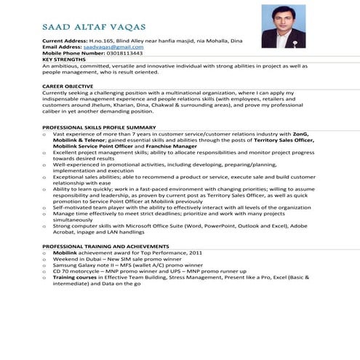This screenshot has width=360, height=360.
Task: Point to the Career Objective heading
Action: [68, 87]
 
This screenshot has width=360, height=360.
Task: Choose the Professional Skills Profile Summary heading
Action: [99, 127]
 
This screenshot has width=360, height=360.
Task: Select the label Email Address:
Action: [61, 47]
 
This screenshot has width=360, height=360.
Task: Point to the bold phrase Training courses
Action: [79, 277]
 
